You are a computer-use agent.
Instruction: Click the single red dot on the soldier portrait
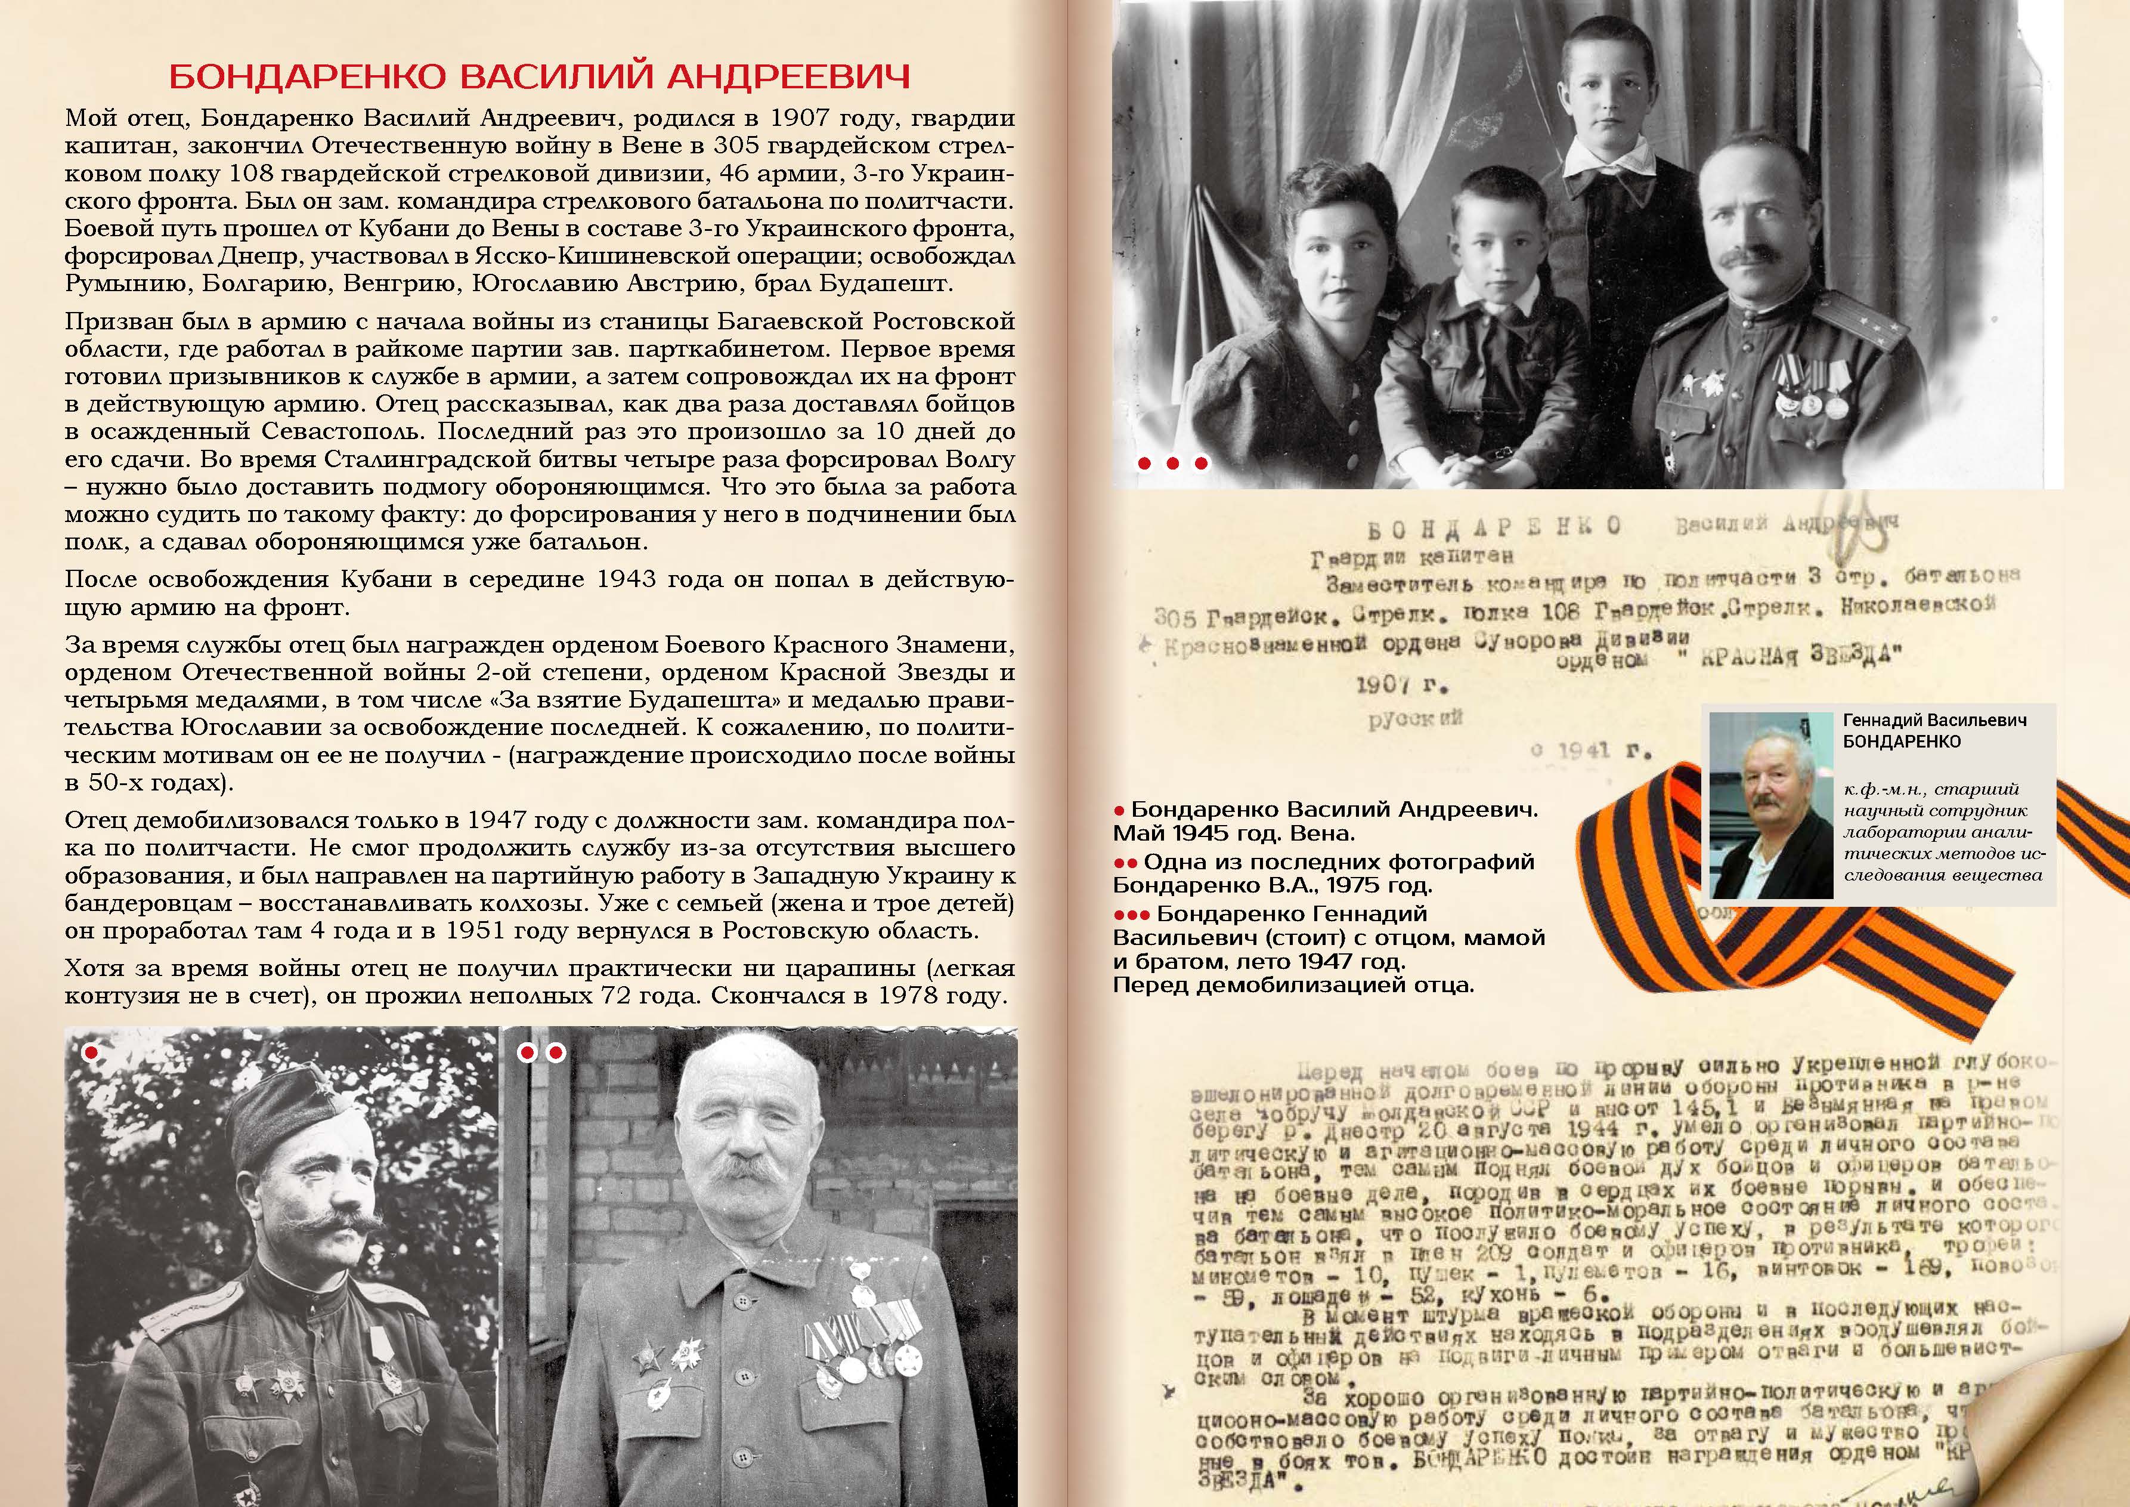tap(91, 1052)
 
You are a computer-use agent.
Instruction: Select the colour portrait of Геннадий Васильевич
tap(1771, 805)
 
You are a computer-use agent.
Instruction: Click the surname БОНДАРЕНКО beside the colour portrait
tap(1902, 742)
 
